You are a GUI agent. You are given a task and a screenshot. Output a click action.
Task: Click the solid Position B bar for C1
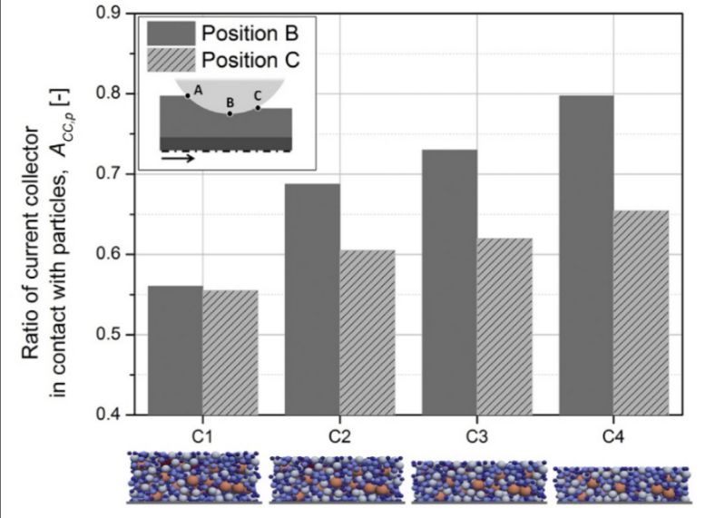click(175, 350)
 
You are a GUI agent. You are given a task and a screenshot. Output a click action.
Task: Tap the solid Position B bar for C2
click(313, 299)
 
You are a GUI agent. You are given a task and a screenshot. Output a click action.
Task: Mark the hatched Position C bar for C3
click(506, 327)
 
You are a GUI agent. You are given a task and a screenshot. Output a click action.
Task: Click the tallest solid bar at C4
click(588, 255)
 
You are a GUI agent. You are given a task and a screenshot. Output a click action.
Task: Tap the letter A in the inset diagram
click(198, 89)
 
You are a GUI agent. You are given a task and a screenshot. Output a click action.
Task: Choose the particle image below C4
click(622, 484)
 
